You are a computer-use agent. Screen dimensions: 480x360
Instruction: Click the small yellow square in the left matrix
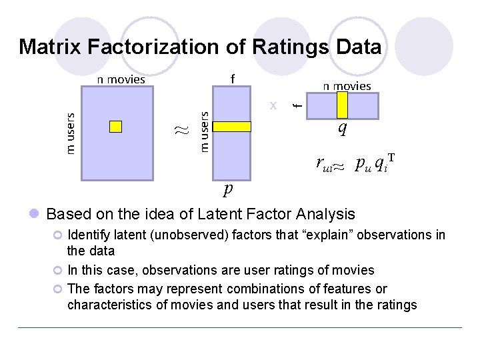click(116, 127)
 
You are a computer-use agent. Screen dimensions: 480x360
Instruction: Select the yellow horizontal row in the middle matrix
click(231, 127)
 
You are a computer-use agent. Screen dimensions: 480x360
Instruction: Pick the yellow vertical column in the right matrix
click(343, 105)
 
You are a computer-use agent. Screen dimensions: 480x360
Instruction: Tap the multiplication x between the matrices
click(273, 105)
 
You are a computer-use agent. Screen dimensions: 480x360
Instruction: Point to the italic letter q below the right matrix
click(342, 129)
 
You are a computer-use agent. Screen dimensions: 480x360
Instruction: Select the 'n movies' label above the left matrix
click(121, 79)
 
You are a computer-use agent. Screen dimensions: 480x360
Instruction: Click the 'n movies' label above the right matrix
click(347, 85)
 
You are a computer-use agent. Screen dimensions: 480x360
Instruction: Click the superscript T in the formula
click(391, 158)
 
